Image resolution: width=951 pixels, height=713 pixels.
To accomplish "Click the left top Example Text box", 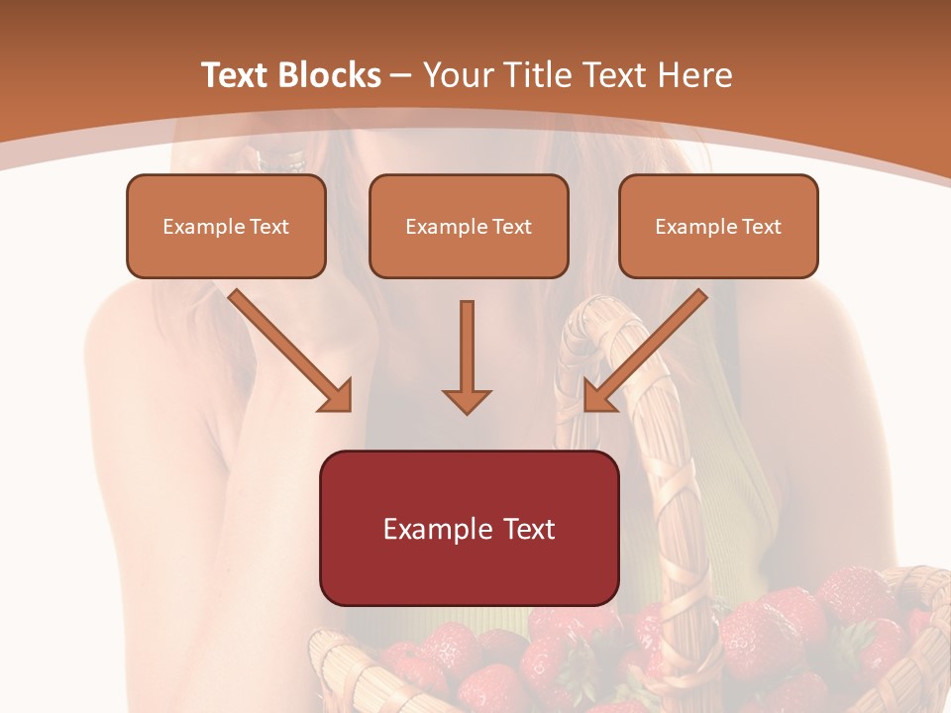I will tap(226, 226).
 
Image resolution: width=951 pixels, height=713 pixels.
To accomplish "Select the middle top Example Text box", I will tap(469, 226).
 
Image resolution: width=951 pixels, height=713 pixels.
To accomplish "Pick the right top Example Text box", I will tap(718, 226).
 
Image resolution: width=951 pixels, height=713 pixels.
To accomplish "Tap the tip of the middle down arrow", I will tap(467, 410).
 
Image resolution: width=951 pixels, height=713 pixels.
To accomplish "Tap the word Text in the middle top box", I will tap(512, 227).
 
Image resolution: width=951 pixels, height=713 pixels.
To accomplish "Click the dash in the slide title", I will tap(402, 75).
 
